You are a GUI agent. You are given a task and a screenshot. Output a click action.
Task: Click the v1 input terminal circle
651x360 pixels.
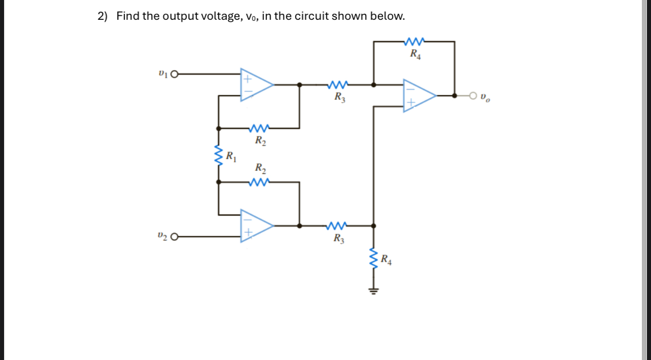pos(175,75)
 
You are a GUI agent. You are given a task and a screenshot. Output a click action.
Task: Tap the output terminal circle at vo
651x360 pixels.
pos(473,95)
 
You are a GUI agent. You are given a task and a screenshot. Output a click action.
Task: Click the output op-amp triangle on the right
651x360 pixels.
pos(418,95)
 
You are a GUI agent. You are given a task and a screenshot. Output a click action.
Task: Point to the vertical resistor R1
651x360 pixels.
pos(219,156)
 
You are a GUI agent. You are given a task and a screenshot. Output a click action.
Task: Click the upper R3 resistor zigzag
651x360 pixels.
pos(338,85)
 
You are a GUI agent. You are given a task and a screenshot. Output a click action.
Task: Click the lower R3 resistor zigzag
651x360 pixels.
pos(338,226)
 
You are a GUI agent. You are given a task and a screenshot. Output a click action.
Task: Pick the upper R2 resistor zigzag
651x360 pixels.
pos(259,128)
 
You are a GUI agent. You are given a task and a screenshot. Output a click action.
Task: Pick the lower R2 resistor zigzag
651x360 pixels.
pos(259,182)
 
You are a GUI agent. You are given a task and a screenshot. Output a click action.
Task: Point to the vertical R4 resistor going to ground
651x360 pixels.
pos(374,260)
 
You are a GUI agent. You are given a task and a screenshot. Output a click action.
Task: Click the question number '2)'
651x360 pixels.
pos(103,16)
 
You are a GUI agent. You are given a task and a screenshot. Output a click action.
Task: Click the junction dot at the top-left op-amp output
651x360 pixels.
pos(300,85)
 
